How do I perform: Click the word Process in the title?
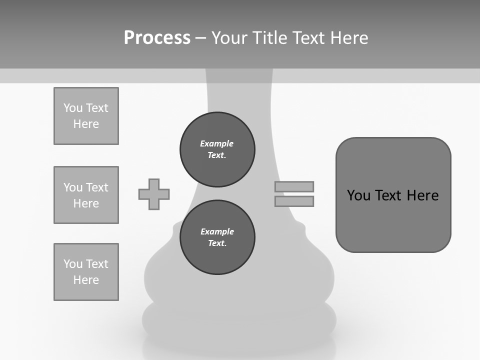[157, 38]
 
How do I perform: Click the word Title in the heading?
[270, 38]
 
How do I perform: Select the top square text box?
[86, 116]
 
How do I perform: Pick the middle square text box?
[86, 195]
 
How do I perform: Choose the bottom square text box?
[86, 272]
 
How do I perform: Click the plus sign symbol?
[154, 194]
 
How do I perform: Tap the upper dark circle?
[217, 149]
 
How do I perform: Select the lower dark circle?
[217, 237]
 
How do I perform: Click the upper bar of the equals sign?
[294, 186]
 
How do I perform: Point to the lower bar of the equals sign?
[294, 201]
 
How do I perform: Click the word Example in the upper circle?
[217, 143]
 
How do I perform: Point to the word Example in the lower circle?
[217, 231]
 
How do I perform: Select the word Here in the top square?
[86, 124]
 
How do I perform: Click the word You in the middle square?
[72, 187]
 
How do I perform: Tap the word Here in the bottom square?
[86, 280]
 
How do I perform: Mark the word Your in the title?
[230, 38]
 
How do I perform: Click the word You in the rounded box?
[358, 195]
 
